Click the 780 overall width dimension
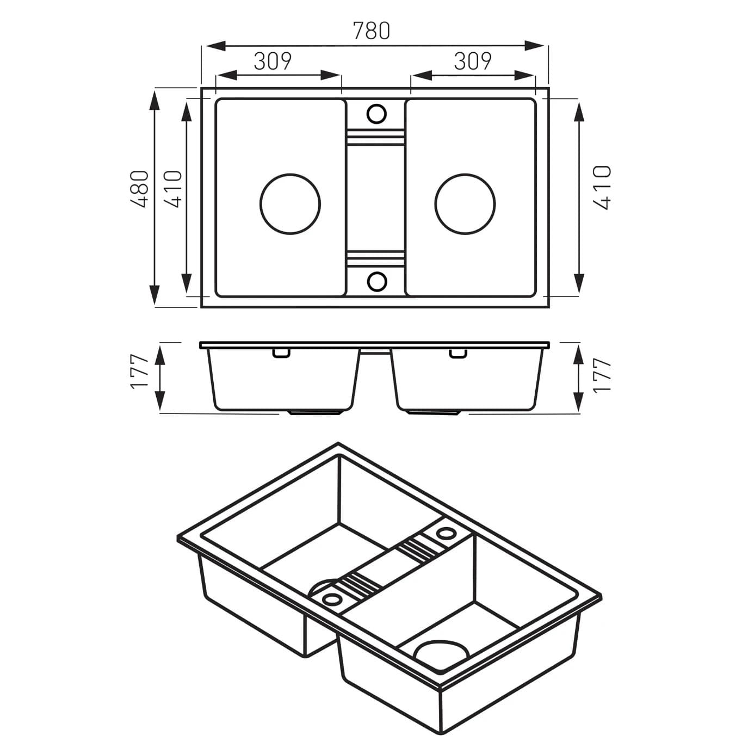(x=372, y=31)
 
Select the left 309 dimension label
(x=273, y=61)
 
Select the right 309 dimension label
(x=472, y=61)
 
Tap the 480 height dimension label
(x=140, y=189)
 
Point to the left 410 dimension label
(x=173, y=189)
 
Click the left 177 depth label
(x=140, y=371)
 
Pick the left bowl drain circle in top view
(x=290, y=204)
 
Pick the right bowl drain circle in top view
(x=465, y=204)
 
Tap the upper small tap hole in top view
(x=376, y=114)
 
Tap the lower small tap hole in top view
(x=376, y=281)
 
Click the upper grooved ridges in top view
(x=375, y=137)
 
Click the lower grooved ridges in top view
(x=375, y=260)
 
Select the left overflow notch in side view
(x=281, y=354)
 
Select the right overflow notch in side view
(x=458, y=354)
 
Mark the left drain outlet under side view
(x=314, y=412)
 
